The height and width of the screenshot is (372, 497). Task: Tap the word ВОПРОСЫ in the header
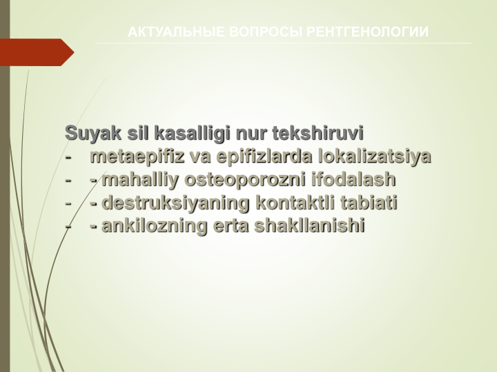266,32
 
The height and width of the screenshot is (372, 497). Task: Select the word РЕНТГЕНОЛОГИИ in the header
368,32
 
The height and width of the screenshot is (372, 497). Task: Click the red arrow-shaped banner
37,52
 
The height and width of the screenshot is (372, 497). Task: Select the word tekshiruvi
318,133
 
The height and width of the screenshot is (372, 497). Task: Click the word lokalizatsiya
375,156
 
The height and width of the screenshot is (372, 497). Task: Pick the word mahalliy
140,179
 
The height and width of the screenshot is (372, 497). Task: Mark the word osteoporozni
245,179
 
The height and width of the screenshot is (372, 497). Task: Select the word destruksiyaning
175,203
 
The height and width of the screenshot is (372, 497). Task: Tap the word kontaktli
295,203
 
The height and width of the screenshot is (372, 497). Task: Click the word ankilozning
155,225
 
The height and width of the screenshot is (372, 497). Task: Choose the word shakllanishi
310,225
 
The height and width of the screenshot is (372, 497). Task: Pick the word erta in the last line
231,226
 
